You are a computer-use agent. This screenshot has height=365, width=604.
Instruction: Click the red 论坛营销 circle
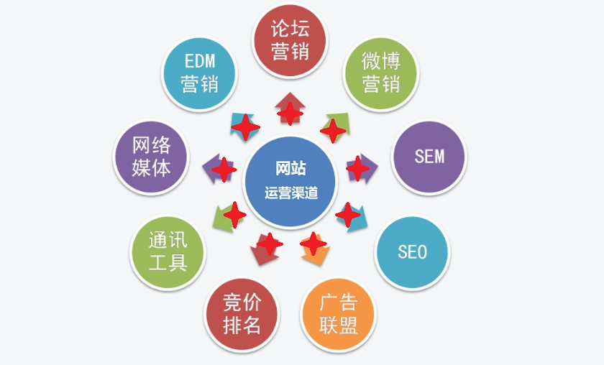tap(290, 40)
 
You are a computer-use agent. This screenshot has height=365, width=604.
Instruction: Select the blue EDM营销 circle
tap(199, 73)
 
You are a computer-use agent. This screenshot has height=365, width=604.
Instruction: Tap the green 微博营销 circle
tap(380, 73)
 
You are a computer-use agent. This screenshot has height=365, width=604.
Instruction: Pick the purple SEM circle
tap(429, 157)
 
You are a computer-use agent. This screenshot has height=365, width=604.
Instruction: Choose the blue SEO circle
tap(412, 252)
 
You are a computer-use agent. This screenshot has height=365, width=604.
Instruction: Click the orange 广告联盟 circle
tap(338, 315)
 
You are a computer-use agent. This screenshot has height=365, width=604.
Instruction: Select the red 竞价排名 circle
tap(242, 315)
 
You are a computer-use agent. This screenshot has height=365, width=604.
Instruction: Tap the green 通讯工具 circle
tap(168, 252)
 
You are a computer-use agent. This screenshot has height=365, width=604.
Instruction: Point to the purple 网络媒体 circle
tap(151, 157)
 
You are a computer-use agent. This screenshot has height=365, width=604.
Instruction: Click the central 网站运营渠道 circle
tap(290, 182)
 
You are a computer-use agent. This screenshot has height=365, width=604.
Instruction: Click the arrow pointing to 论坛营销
tap(290, 108)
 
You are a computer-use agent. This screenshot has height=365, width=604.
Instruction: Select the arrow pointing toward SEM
tap(362, 169)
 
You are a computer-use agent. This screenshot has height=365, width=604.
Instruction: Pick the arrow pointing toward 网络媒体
tap(219, 169)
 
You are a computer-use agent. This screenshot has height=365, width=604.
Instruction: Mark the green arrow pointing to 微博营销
tap(336, 126)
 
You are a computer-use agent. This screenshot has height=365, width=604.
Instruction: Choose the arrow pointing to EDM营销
tap(244, 126)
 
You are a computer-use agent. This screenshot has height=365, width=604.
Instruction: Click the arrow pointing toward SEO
tap(352, 218)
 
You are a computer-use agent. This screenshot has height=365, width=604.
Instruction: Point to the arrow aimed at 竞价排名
tap(265, 249)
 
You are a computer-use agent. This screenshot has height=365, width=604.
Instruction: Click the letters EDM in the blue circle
tap(200, 61)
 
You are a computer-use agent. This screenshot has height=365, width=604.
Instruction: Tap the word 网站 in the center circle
tap(290, 169)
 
